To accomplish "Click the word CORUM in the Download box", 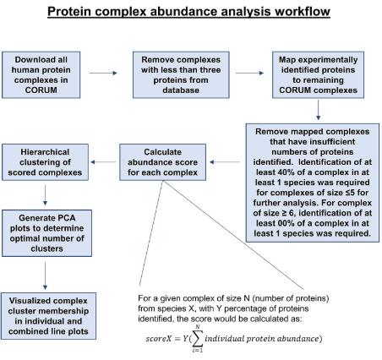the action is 41,90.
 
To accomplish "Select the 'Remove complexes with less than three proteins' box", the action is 181,75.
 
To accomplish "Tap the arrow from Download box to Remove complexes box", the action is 103,73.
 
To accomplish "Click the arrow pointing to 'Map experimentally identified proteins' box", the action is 249,73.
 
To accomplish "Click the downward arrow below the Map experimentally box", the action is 319,110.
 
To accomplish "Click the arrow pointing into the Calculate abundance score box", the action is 225,162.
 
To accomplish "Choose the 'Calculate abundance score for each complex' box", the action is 162,162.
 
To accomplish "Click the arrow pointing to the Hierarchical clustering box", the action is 103,162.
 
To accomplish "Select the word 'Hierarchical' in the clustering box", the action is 45,152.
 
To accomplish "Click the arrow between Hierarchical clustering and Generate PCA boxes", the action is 45,195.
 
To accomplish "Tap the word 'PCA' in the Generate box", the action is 67,218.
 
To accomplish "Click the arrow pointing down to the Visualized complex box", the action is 45,275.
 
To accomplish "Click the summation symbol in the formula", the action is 198,338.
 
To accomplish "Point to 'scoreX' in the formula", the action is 159,338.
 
